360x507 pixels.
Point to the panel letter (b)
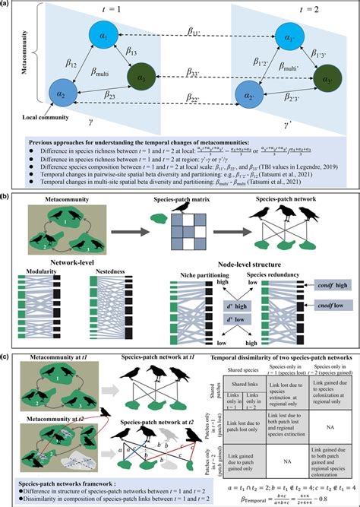[x=6, y=198]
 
